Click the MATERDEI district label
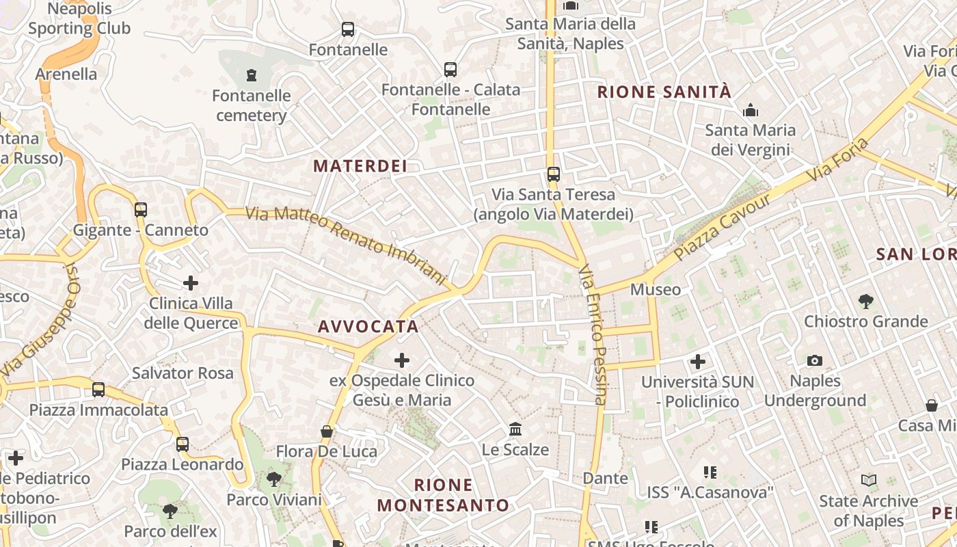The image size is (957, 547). pyautogui.click(x=360, y=165)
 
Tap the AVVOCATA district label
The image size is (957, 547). pyautogui.click(x=368, y=326)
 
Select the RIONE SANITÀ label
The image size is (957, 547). pyautogui.click(x=664, y=92)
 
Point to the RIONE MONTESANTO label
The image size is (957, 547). pyautogui.click(x=444, y=495)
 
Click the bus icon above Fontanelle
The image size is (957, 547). pyautogui.click(x=348, y=29)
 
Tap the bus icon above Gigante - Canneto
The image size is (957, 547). pyautogui.click(x=141, y=210)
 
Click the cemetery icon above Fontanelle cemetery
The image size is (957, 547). pyautogui.click(x=252, y=75)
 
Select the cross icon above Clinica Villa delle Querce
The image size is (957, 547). pyautogui.click(x=191, y=282)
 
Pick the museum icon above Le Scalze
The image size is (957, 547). pyautogui.click(x=515, y=429)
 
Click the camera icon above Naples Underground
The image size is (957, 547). pyautogui.click(x=815, y=360)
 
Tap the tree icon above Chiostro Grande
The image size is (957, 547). pyautogui.click(x=866, y=301)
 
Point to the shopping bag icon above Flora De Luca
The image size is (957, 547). pyautogui.click(x=327, y=431)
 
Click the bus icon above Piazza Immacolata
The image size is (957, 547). pyautogui.click(x=98, y=390)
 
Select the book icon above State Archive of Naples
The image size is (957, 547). pyautogui.click(x=869, y=481)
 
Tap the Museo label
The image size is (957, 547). pyautogui.click(x=656, y=289)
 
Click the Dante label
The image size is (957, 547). pyautogui.click(x=605, y=478)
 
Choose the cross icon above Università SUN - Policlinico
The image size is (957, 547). pyautogui.click(x=698, y=361)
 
